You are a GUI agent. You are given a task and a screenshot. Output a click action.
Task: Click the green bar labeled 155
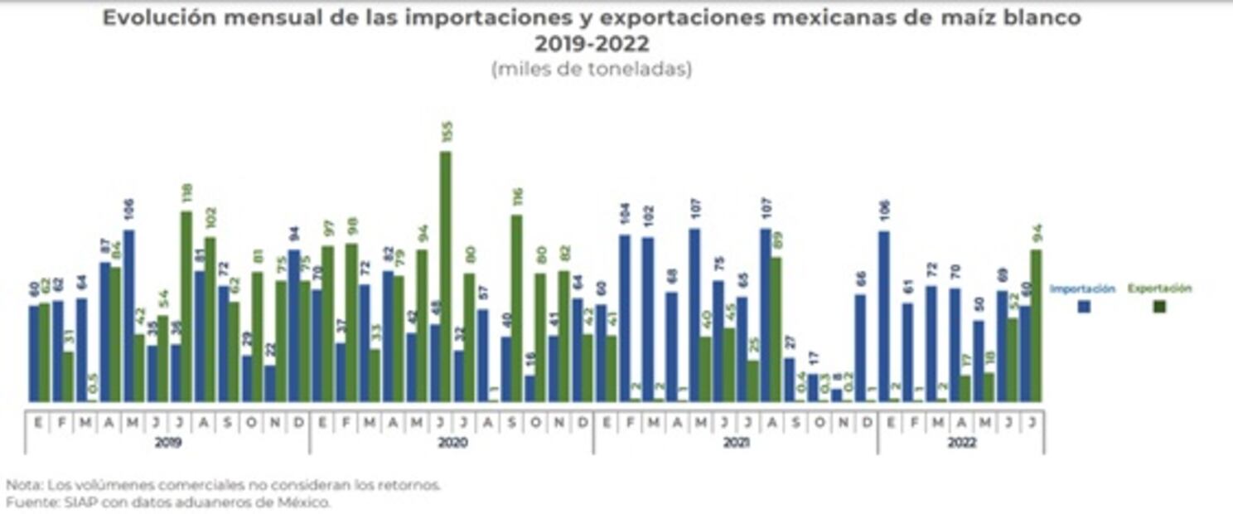(446, 277)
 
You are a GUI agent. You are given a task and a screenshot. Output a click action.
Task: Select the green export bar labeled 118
(186, 307)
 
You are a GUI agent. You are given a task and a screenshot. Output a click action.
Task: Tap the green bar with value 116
(516, 308)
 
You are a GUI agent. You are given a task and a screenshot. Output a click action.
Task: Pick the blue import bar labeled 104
(624, 318)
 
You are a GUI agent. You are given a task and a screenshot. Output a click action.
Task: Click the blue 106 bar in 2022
(884, 317)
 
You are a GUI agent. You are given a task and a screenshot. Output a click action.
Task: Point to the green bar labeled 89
(776, 329)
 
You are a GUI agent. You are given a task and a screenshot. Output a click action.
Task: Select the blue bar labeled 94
(293, 326)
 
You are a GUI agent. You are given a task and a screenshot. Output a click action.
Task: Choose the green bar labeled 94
(1036, 326)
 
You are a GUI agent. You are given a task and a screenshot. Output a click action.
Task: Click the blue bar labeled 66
(860, 348)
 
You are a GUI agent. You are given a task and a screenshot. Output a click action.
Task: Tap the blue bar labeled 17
(814, 388)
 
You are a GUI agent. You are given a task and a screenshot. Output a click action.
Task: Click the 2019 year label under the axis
(167, 444)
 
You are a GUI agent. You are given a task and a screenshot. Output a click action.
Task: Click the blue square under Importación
(1083, 306)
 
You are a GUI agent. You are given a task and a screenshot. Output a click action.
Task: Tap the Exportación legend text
(1159, 289)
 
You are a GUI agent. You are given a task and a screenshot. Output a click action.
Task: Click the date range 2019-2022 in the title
(592, 43)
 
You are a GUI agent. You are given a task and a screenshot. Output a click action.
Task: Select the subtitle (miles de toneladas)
(592, 70)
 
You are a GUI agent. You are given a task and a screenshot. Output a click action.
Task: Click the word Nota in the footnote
(22, 486)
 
